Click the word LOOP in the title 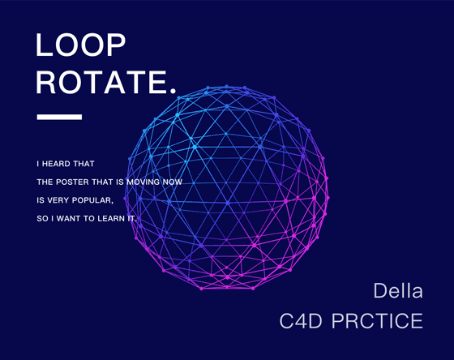80,45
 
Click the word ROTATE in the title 101,82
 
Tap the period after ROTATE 173,91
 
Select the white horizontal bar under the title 59,117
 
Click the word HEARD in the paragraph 56,164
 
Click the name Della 398,290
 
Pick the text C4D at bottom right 301,321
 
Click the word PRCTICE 377,321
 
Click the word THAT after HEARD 84,164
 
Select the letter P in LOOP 117,45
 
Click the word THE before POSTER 45,182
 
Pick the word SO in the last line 42,219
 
